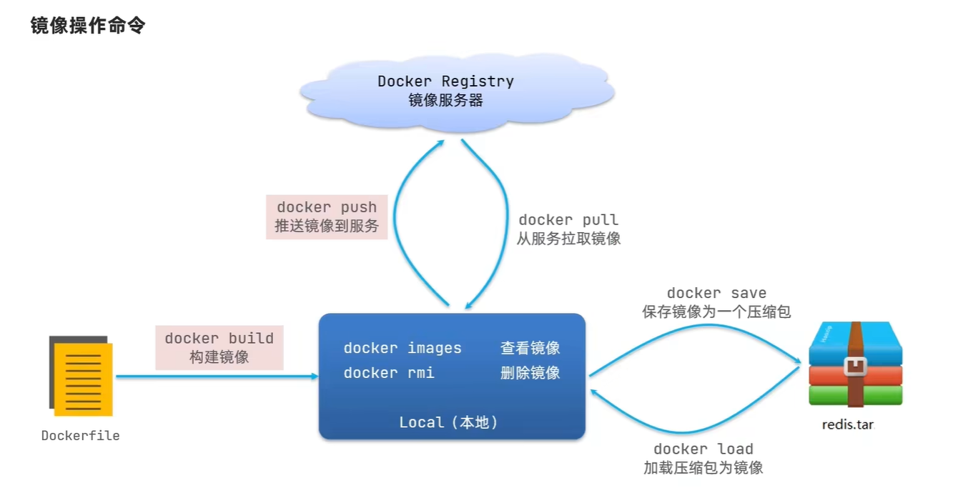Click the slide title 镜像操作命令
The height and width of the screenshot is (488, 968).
pos(88,26)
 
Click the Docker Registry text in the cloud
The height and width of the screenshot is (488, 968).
pos(445,81)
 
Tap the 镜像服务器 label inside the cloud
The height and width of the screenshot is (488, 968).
pos(445,100)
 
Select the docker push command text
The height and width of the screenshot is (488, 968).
pos(327,207)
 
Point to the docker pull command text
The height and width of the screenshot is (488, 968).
pos(568,220)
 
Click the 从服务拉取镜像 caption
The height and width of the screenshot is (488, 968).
pos(568,239)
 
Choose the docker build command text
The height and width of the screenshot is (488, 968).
pos(219,338)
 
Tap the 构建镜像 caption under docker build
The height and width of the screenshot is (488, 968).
pos(219,357)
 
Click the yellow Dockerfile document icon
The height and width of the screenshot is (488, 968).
pos(81,376)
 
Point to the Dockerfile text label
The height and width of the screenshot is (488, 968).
pos(80,436)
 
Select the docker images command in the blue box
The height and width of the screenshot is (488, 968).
pos(402,348)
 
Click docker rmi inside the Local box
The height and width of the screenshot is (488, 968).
pos(388,373)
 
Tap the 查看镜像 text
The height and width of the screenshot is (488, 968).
pos(530,348)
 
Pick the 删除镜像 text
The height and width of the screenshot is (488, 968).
pos(530,373)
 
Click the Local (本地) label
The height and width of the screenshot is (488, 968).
pos(448,422)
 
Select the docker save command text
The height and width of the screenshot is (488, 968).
pos(716,293)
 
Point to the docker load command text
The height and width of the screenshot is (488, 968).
pos(703,449)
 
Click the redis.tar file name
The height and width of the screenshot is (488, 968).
pos(848,425)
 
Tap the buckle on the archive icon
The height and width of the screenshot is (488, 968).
pos(855,367)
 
